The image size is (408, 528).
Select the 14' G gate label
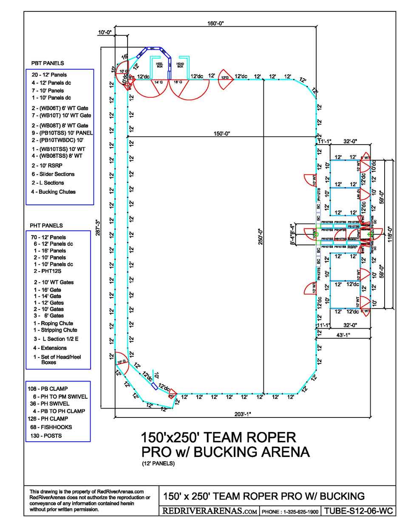pos(159,82)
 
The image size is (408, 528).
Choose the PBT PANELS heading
pos(48,63)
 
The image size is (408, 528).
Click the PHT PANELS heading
pos(46,226)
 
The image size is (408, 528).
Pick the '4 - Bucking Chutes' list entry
pos(53,192)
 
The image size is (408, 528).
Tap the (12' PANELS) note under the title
pos(158,463)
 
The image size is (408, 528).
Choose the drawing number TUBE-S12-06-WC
pos(358,511)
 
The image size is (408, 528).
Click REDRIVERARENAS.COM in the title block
pos(210,511)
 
